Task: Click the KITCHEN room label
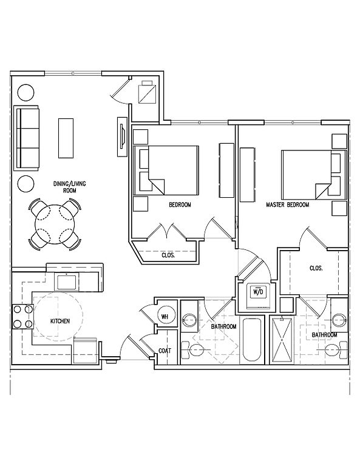[x=59, y=321]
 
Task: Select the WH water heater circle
[x=165, y=317]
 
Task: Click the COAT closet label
[x=165, y=351]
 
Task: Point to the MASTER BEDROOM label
[x=288, y=204]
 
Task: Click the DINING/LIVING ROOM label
[x=70, y=187]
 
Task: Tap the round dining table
[x=55, y=224]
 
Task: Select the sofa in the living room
[x=28, y=138]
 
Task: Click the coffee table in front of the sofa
[x=66, y=138]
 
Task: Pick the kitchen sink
[x=66, y=282]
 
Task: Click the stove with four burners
[x=22, y=317]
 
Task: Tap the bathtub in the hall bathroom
[x=251, y=340]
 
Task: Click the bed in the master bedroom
[x=314, y=175]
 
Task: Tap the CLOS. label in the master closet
[x=316, y=268]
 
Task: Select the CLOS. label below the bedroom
[x=168, y=255]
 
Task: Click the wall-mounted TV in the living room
[x=121, y=136]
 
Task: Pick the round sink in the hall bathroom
[x=189, y=320]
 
